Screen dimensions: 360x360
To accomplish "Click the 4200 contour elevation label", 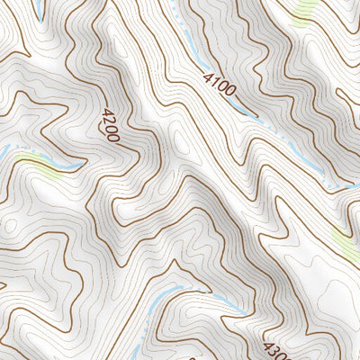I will tap(112, 125).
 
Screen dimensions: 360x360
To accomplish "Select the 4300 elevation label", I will tap(275, 348).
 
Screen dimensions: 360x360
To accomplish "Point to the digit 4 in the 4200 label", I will tap(107, 113).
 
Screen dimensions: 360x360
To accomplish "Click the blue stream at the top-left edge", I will tap(39, 9).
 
